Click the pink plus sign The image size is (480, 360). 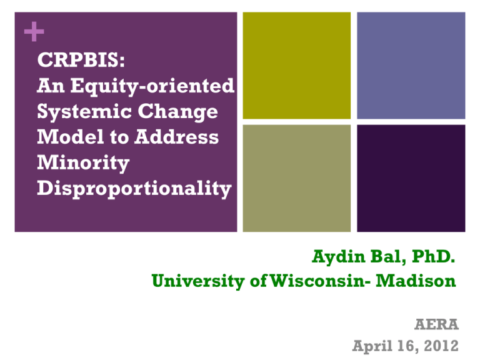34,31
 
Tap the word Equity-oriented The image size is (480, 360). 152,86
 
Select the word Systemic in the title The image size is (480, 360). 84,112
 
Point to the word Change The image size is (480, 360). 178,112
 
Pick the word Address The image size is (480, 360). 177,136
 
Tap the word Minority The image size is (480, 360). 83,163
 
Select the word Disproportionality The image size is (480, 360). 134,189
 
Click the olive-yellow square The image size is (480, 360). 297,66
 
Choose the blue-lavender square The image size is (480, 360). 411,66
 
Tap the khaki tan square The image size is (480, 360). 297,178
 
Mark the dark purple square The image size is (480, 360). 411,178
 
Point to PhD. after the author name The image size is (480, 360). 434,256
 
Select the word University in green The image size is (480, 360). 198,281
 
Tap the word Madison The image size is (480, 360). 416,281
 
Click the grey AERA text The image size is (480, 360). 436,324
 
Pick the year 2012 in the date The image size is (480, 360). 441,346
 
